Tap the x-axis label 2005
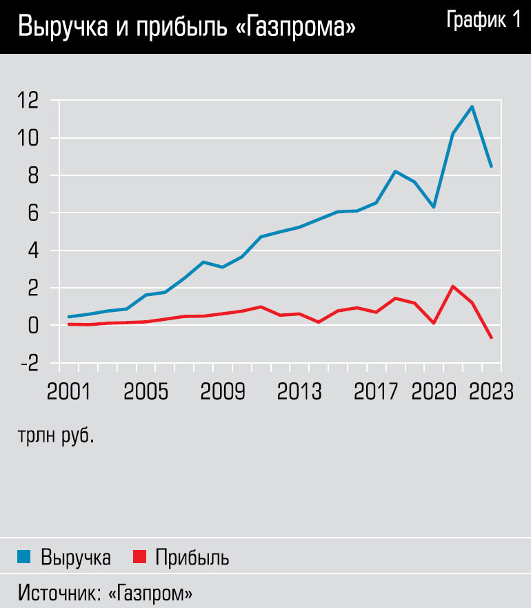pos(146,391)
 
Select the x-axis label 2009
pos(223,391)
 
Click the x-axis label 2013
pos(300,391)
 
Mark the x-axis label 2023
pos(491,391)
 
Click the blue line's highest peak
pos(472,106)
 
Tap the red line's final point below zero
pos(491,337)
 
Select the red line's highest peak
pos(452,286)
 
